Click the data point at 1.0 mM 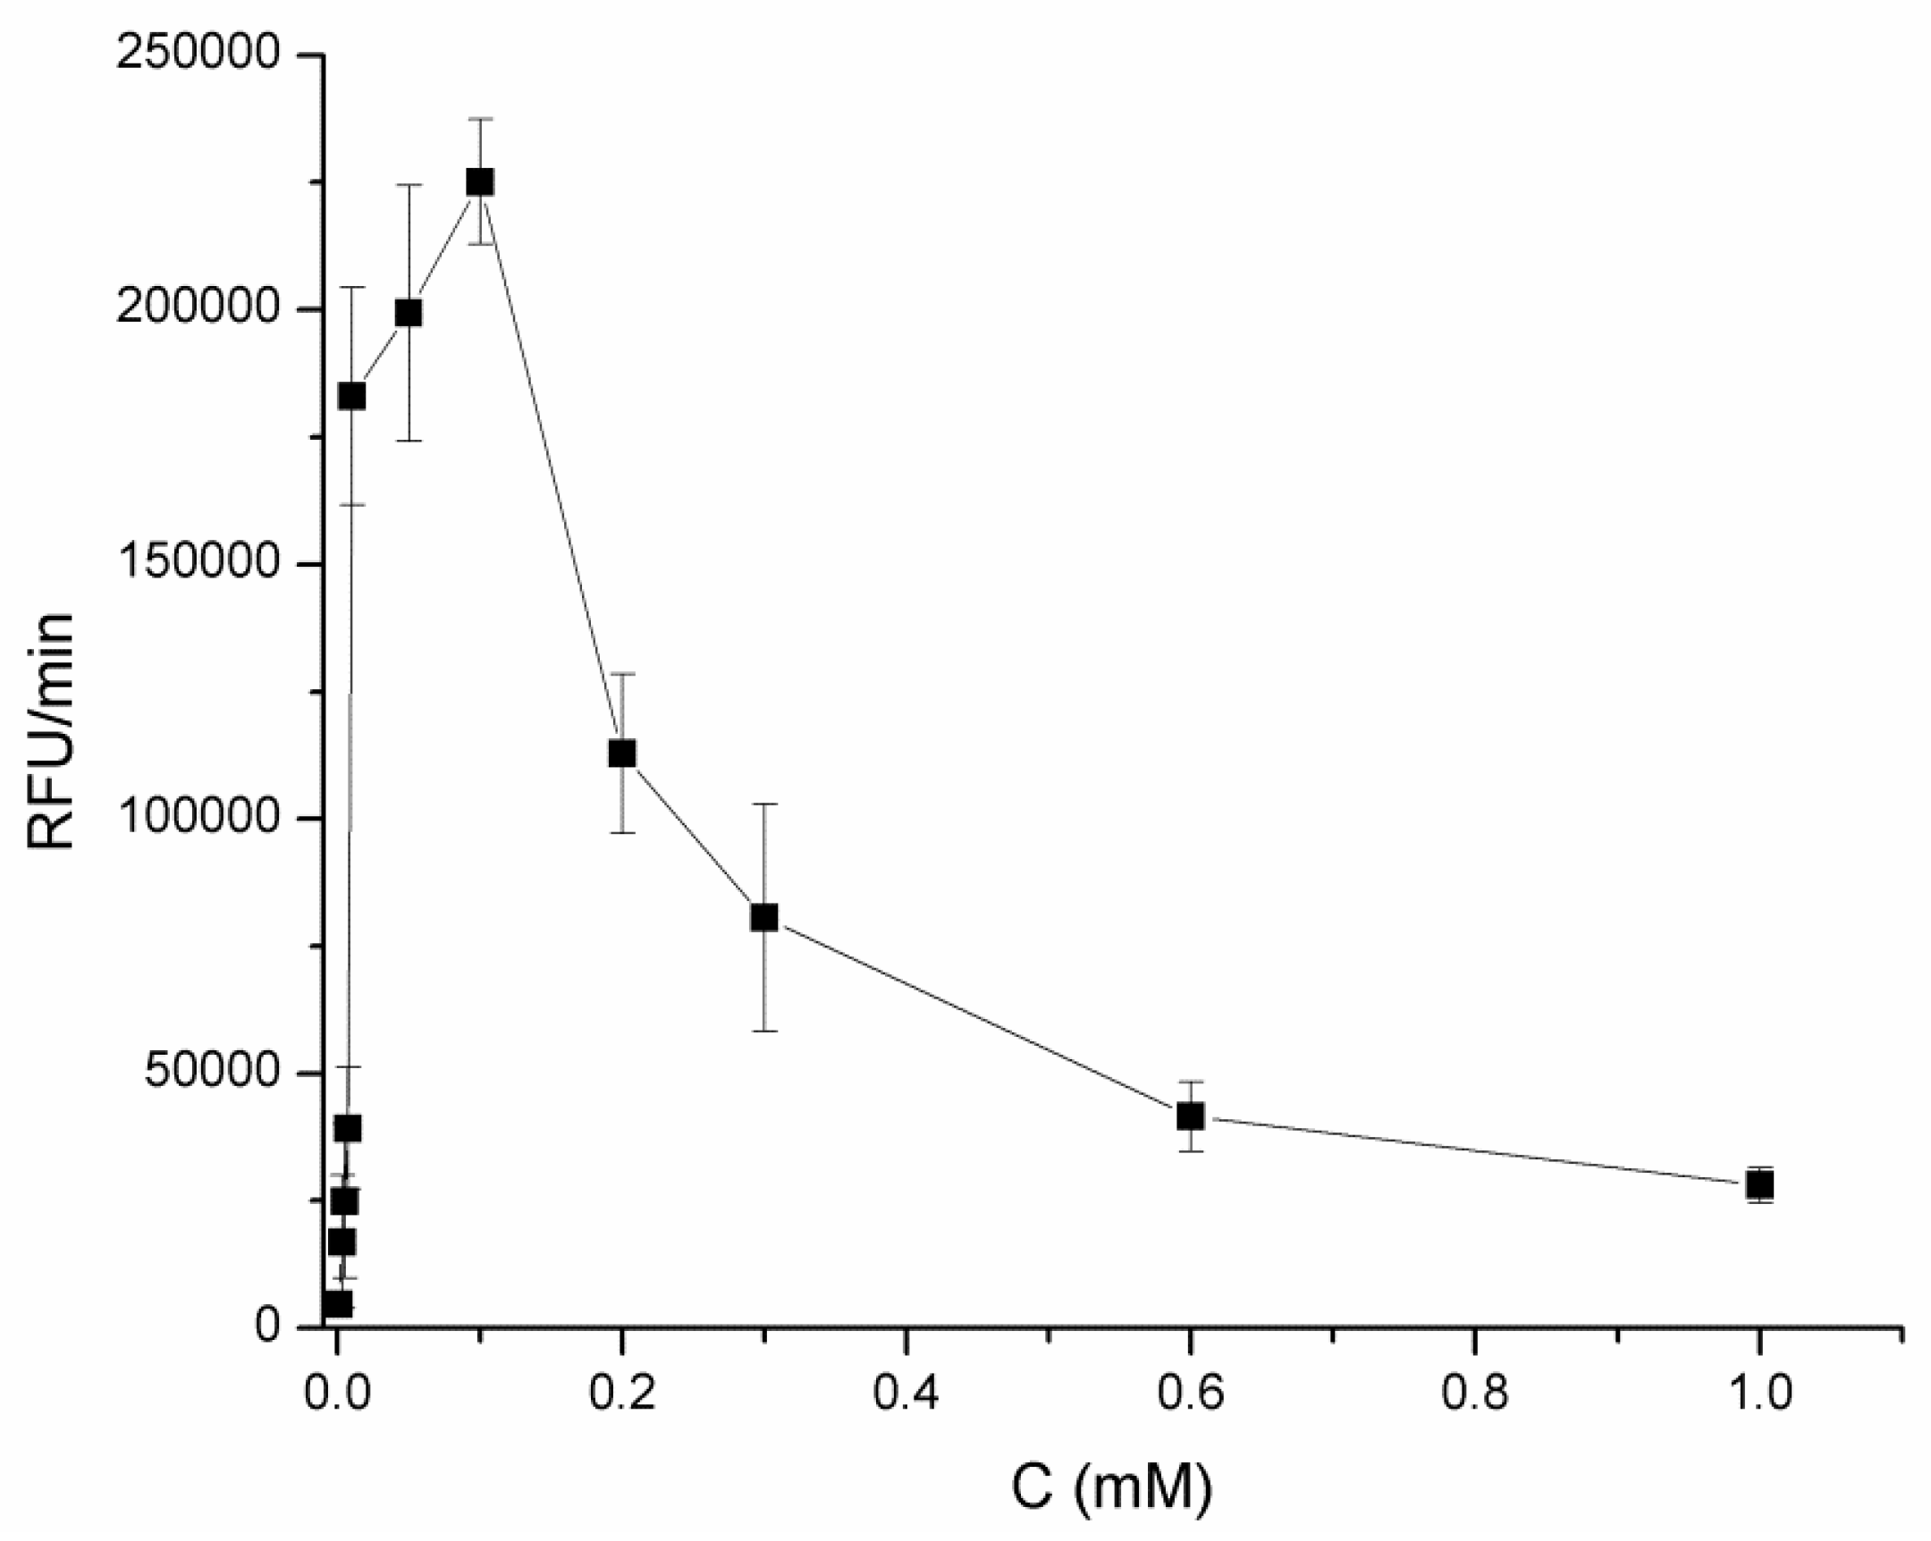coord(1759,1184)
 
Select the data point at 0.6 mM coord(1190,1116)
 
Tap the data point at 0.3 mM coord(764,917)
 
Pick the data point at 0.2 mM coord(621,753)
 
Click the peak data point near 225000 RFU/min coord(480,181)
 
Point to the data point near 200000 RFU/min coord(409,313)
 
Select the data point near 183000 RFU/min coord(351,396)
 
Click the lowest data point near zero coord(338,1304)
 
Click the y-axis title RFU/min coord(50,729)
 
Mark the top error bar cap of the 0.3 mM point coord(764,804)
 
